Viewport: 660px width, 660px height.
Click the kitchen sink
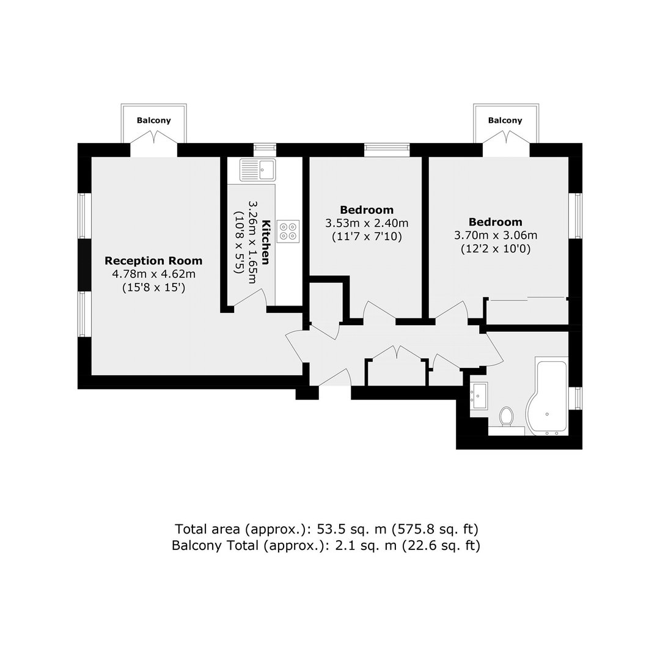258,170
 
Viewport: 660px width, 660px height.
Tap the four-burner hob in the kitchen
288,232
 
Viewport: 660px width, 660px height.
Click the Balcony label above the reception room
153,120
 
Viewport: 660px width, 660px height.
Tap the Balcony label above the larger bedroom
505,120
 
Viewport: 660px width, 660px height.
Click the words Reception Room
153,261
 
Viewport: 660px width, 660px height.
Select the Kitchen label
266,242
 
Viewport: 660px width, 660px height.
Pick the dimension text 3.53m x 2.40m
367,223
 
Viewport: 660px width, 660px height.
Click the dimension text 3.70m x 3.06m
496,235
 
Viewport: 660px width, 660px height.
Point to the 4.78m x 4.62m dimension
153,274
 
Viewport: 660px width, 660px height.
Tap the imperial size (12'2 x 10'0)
496,249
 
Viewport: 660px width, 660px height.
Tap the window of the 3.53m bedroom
387,150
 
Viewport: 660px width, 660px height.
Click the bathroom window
576,398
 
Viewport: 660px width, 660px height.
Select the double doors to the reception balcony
153,143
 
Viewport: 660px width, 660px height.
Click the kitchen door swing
251,299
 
